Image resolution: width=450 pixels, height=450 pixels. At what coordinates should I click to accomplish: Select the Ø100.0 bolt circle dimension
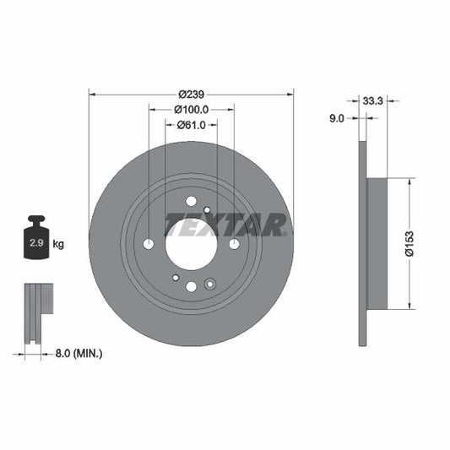[191, 109]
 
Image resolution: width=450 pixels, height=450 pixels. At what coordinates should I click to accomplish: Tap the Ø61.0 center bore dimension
[191, 125]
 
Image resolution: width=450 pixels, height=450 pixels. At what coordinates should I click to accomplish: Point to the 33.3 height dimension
[372, 100]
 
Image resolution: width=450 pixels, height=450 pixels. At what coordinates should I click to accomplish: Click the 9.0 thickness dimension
[335, 119]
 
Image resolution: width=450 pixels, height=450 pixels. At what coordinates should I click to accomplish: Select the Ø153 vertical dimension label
[407, 243]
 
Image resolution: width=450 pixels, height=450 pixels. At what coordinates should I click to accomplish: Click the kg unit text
[58, 244]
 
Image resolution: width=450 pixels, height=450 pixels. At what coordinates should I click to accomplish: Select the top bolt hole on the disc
[191, 201]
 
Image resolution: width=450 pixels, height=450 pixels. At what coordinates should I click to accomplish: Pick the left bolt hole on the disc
[149, 244]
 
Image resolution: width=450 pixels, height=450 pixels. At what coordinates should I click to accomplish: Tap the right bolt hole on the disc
[233, 244]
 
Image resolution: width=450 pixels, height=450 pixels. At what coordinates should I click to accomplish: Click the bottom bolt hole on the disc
[191, 286]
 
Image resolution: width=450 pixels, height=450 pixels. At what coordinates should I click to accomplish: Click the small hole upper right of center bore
[207, 209]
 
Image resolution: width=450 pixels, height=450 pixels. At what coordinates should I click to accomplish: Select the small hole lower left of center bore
[175, 278]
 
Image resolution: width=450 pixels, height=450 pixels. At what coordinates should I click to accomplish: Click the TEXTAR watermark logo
[226, 225]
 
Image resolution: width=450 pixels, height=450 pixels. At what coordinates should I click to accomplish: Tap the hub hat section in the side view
[377, 243]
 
